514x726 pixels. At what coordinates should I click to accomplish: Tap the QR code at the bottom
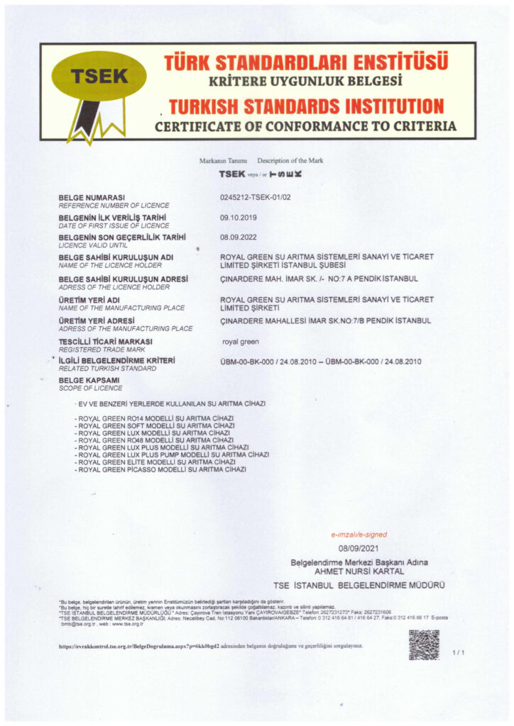pos(424,644)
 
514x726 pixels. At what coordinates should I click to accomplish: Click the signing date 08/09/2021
pos(359,549)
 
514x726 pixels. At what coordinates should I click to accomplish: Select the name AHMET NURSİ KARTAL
pos(359,571)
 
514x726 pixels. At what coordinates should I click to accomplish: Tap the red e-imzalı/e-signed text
pos(359,535)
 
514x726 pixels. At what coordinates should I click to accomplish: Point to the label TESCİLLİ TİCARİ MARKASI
pos(106,342)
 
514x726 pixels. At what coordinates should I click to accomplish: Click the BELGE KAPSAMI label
pos(89,381)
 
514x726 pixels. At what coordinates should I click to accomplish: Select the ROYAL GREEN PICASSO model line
pos(162,469)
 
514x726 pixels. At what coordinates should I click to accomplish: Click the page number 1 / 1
pos(457,652)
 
